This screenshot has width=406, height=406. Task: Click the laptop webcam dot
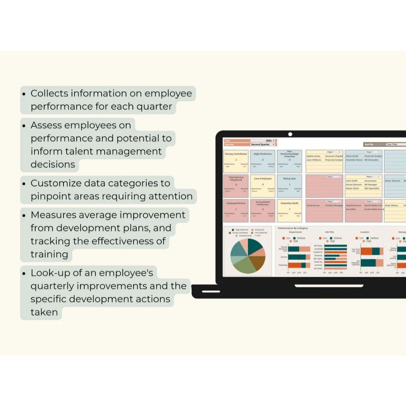pyautogui.click(x=290, y=135)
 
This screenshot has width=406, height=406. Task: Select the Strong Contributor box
pyautogui.click(x=236, y=161)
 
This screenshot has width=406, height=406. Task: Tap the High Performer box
pyautogui.click(x=262, y=161)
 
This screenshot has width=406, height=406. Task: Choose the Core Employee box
pyautogui.click(x=262, y=186)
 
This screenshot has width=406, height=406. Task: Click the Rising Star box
pyautogui.click(x=289, y=186)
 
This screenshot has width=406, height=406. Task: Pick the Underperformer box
pyautogui.click(x=236, y=211)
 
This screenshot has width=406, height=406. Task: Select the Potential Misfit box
pyautogui.click(x=289, y=211)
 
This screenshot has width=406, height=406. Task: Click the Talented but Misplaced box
pyautogui.click(x=236, y=186)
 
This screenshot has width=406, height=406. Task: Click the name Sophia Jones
pyautogui.click(x=313, y=156)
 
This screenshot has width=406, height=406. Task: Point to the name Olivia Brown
pyautogui.click(x=313, y=205)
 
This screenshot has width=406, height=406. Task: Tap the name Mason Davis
pyautogui.click(x=352, y=188)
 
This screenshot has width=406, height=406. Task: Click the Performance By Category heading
pyautogui.click(x=293, y=228)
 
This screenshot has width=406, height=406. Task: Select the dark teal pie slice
pyautogui.click(x=255, y=246)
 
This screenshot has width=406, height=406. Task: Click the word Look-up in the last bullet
pyautogui.click(x=50, y=273)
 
